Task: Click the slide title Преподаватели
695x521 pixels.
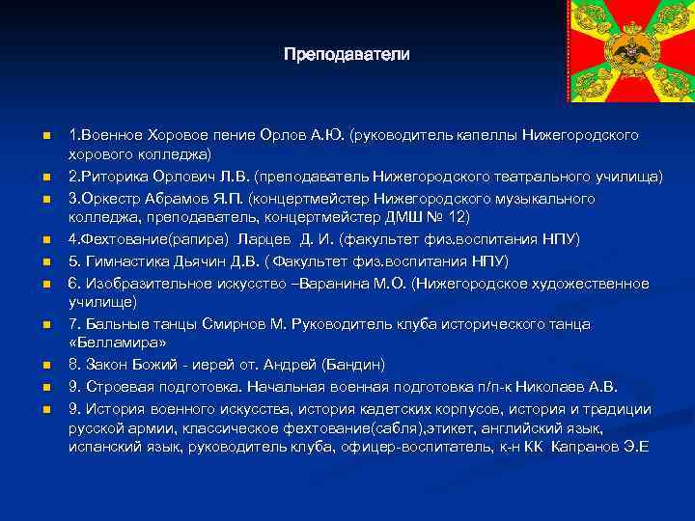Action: tap(347, 54)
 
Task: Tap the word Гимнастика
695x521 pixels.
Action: tap(122, 261)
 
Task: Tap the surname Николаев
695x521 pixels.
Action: tap(549, 386)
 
